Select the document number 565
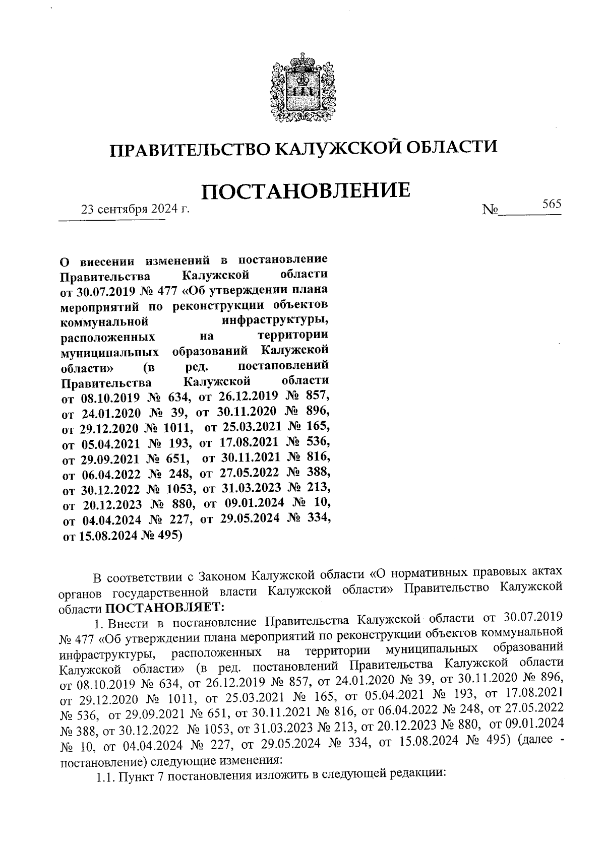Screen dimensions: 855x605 coord(552,204)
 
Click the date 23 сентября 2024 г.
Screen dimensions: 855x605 coord(136,209)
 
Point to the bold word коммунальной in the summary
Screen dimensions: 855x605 coord(104,321)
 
